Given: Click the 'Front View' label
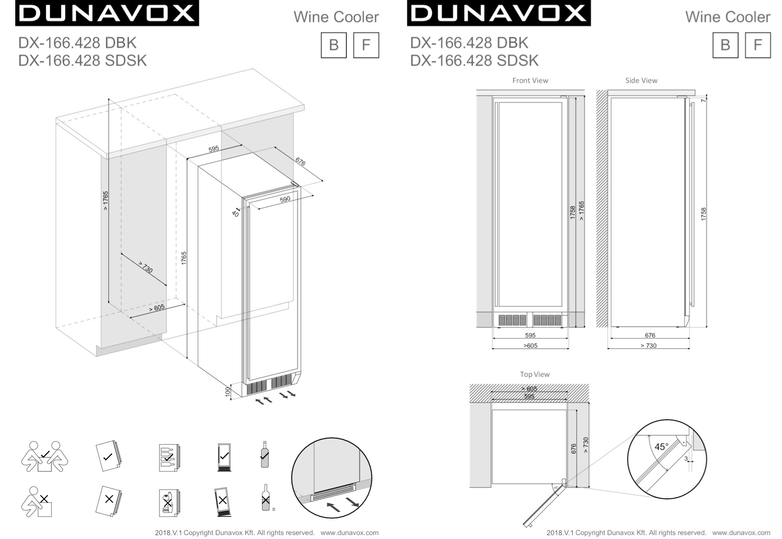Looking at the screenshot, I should [530, 81].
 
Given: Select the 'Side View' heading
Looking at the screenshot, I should [641, 81].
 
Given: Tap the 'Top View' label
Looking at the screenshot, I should [535, 375].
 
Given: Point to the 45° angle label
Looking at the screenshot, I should [661, 446].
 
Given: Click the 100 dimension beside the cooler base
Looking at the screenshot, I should [228, 392].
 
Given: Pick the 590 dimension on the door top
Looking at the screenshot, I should [285, 199].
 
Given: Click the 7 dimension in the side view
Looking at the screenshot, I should [703, 100].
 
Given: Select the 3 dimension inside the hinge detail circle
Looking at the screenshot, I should [686, 459].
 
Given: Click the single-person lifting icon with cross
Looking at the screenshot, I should [37, 502].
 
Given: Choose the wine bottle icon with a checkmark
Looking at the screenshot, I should [264, 455].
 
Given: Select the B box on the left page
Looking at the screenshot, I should [333, 45].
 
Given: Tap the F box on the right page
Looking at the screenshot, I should [758, 45].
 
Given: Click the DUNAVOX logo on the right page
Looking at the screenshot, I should [498, 13].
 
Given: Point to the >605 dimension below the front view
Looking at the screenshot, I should [530, 345].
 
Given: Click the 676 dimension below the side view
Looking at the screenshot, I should [650, 336].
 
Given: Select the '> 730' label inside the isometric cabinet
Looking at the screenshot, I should [145, 268].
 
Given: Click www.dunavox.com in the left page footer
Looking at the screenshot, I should [349, 533].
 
